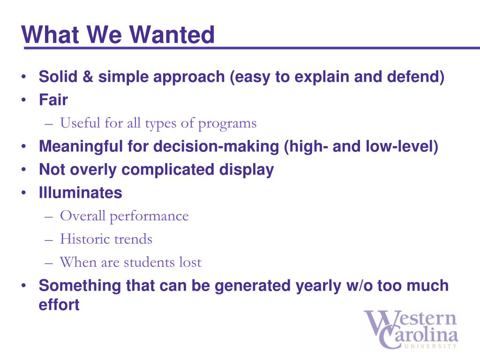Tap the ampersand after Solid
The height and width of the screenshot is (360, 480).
coord(88,76)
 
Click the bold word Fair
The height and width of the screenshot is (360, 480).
coord(53,100)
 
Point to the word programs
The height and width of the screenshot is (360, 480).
coord(227,124)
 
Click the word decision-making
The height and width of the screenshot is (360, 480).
coord(216,147)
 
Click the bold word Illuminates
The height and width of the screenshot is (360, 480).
coord(81,193)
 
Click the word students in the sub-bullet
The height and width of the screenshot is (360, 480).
coord(149,262)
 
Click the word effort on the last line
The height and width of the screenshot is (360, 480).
coord(59,305)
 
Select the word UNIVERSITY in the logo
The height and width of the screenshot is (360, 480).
coord(430,346)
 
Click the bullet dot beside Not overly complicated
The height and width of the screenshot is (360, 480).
coord(23,169)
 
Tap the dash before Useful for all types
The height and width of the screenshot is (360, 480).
coord(49,124)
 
